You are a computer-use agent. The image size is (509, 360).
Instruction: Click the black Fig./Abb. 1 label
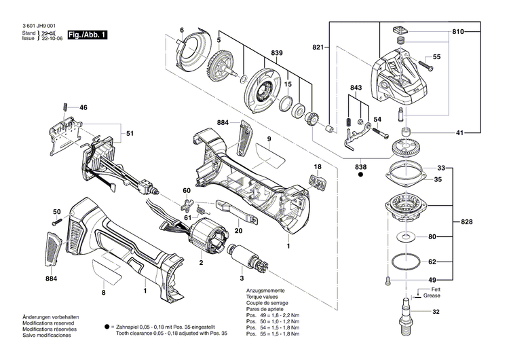90,35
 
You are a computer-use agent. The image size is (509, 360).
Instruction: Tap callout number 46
83,108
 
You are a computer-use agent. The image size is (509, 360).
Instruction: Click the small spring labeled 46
64,106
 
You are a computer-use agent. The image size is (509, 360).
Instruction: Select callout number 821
318,47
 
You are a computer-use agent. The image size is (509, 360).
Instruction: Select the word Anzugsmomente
266,290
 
